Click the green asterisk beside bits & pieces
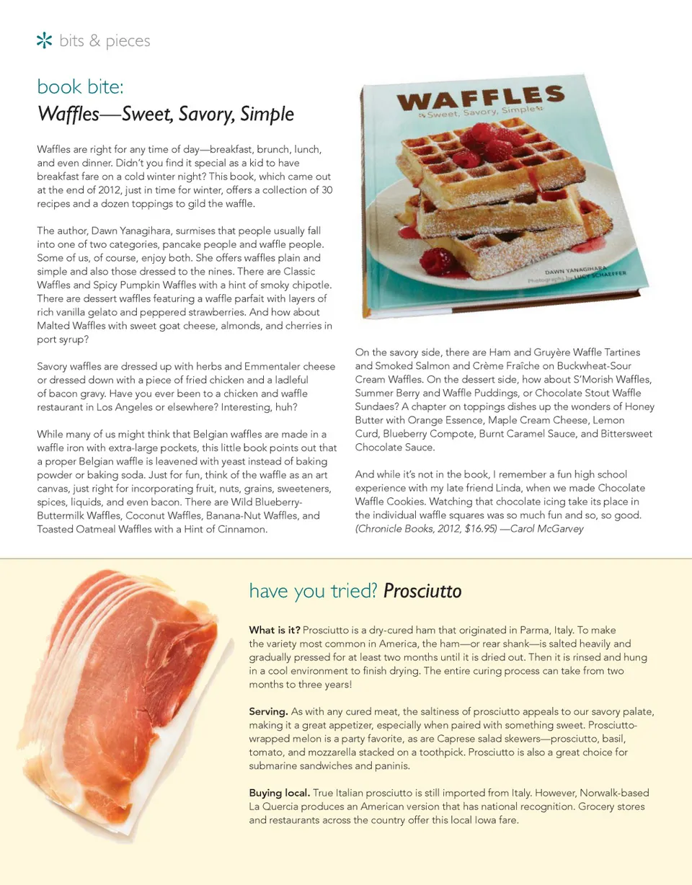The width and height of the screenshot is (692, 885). [x=44, y=41]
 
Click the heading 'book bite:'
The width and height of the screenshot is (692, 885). [x=81, y=87]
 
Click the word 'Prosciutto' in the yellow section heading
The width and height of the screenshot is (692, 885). [x=422, y=592]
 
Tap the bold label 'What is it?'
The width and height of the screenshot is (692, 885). [x=275, y=630]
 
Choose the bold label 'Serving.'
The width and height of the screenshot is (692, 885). [x=268, y=711]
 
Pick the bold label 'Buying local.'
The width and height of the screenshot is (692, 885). [x=280, y=793]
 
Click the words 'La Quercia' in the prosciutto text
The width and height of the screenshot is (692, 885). [x=274, y=806]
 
